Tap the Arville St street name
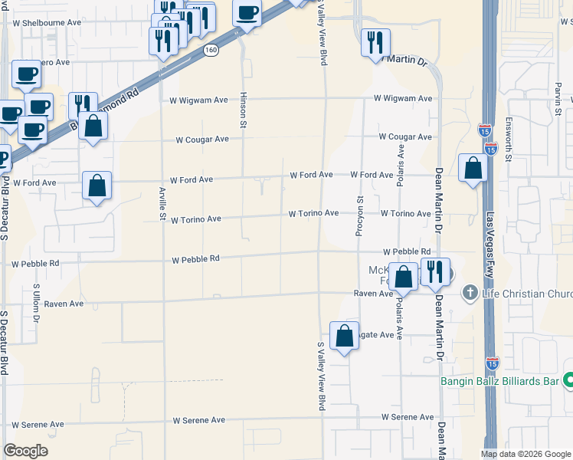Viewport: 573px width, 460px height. [x=162, y=203]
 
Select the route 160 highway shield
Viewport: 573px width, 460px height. [x=210, y=50]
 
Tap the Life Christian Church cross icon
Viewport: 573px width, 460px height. [x=470, y=294]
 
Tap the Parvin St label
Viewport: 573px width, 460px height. [x=558, y=100]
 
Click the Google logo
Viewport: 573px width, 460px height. [x=25, y=451]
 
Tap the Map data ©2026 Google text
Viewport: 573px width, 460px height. [x=526, y=454]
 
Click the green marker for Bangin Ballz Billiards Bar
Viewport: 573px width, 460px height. [x=568, y=379]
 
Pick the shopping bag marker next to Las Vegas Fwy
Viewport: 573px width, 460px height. [x=473, y=168]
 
